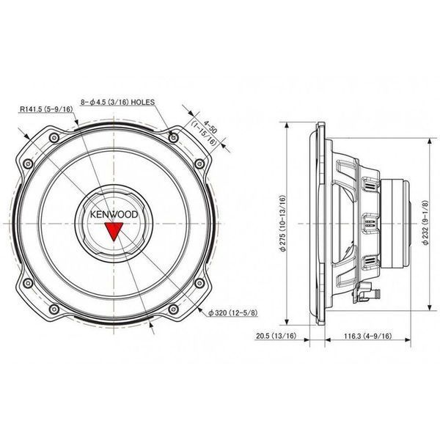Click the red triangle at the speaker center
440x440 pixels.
pos(114,230)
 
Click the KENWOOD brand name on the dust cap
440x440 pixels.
pos(114,215)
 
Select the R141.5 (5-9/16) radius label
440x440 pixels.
pos(46,109)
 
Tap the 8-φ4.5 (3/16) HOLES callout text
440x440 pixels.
pos(117,102)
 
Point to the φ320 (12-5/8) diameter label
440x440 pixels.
pos(233,312)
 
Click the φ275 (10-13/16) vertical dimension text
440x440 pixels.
pos(282,223)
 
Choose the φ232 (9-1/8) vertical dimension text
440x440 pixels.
pos(425,222)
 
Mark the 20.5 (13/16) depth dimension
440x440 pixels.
pos(276,336)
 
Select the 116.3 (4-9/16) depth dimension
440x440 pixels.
pos(368,336)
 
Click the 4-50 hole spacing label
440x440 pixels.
pos(210,127)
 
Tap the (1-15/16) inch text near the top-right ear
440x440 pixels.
pos(204,133)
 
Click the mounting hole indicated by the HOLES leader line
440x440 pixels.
pos(174,138)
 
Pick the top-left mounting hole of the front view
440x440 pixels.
pos(54,138)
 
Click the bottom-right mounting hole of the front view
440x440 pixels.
pos(173,309)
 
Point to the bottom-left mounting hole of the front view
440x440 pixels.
pos(54,309)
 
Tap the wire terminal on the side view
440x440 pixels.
pos(366,293)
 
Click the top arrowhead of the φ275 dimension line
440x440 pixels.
pos(287,125)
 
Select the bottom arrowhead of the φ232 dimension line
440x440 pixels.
pos(429,307)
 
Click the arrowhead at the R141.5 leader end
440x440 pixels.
pos(76,122)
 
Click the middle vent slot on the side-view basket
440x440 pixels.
pos(370,223)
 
